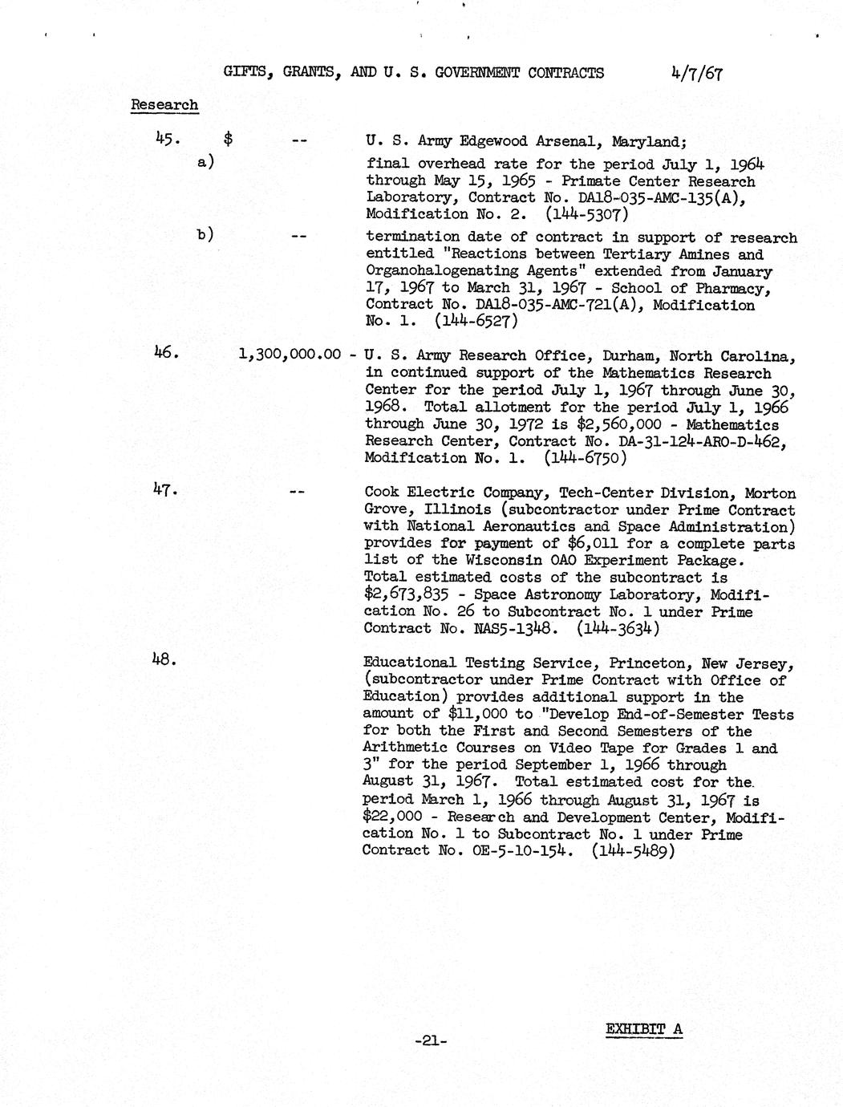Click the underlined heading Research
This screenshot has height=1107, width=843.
tap(164, 105)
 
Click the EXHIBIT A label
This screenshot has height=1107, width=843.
tap(644, 1029)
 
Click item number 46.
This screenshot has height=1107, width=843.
tap(164, 351)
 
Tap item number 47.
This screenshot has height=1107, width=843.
tap(164, 489)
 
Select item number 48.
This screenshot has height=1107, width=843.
tap(164, 659)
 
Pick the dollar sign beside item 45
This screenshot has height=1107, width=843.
tap(229, 140)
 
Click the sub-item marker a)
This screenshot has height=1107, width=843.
tap(205, 162)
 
